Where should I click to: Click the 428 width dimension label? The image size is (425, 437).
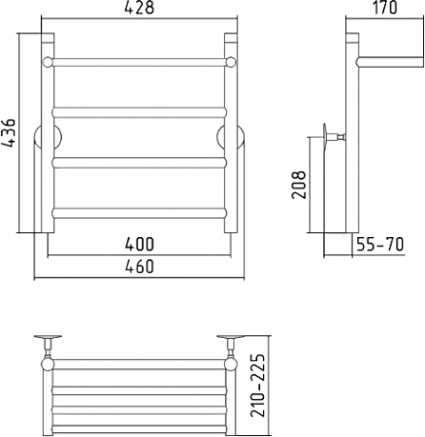(x=139, y=8)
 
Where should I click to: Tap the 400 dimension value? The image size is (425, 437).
(x=140, y=245)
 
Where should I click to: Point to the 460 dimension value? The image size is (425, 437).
(x=140, y=267)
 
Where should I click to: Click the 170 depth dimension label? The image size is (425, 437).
(x=385, y=8)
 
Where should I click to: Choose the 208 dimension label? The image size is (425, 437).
(x=299, y=185)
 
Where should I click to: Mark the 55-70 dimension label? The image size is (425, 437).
(x=380, y=245)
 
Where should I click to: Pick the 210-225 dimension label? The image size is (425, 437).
(x=258, y=386)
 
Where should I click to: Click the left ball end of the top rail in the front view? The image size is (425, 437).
(x=48, y=62)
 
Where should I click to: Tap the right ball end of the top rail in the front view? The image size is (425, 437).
(x=231, y=62)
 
